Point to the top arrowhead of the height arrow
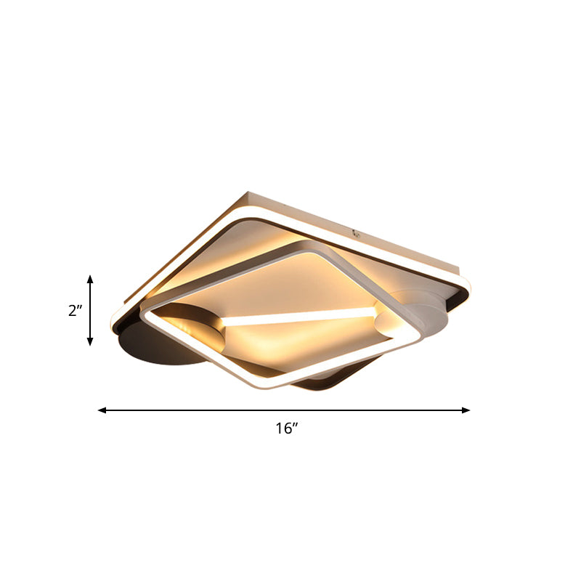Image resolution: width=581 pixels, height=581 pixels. coord(90,279)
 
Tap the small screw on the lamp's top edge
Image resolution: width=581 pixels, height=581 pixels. coord(356,233)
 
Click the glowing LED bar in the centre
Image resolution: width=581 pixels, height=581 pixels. coord(298,317)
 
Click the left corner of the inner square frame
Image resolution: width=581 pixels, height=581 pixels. coord(144,312)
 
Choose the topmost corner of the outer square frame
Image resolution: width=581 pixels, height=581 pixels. coord(248,193)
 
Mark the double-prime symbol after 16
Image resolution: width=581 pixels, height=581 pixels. coord(296,426)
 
